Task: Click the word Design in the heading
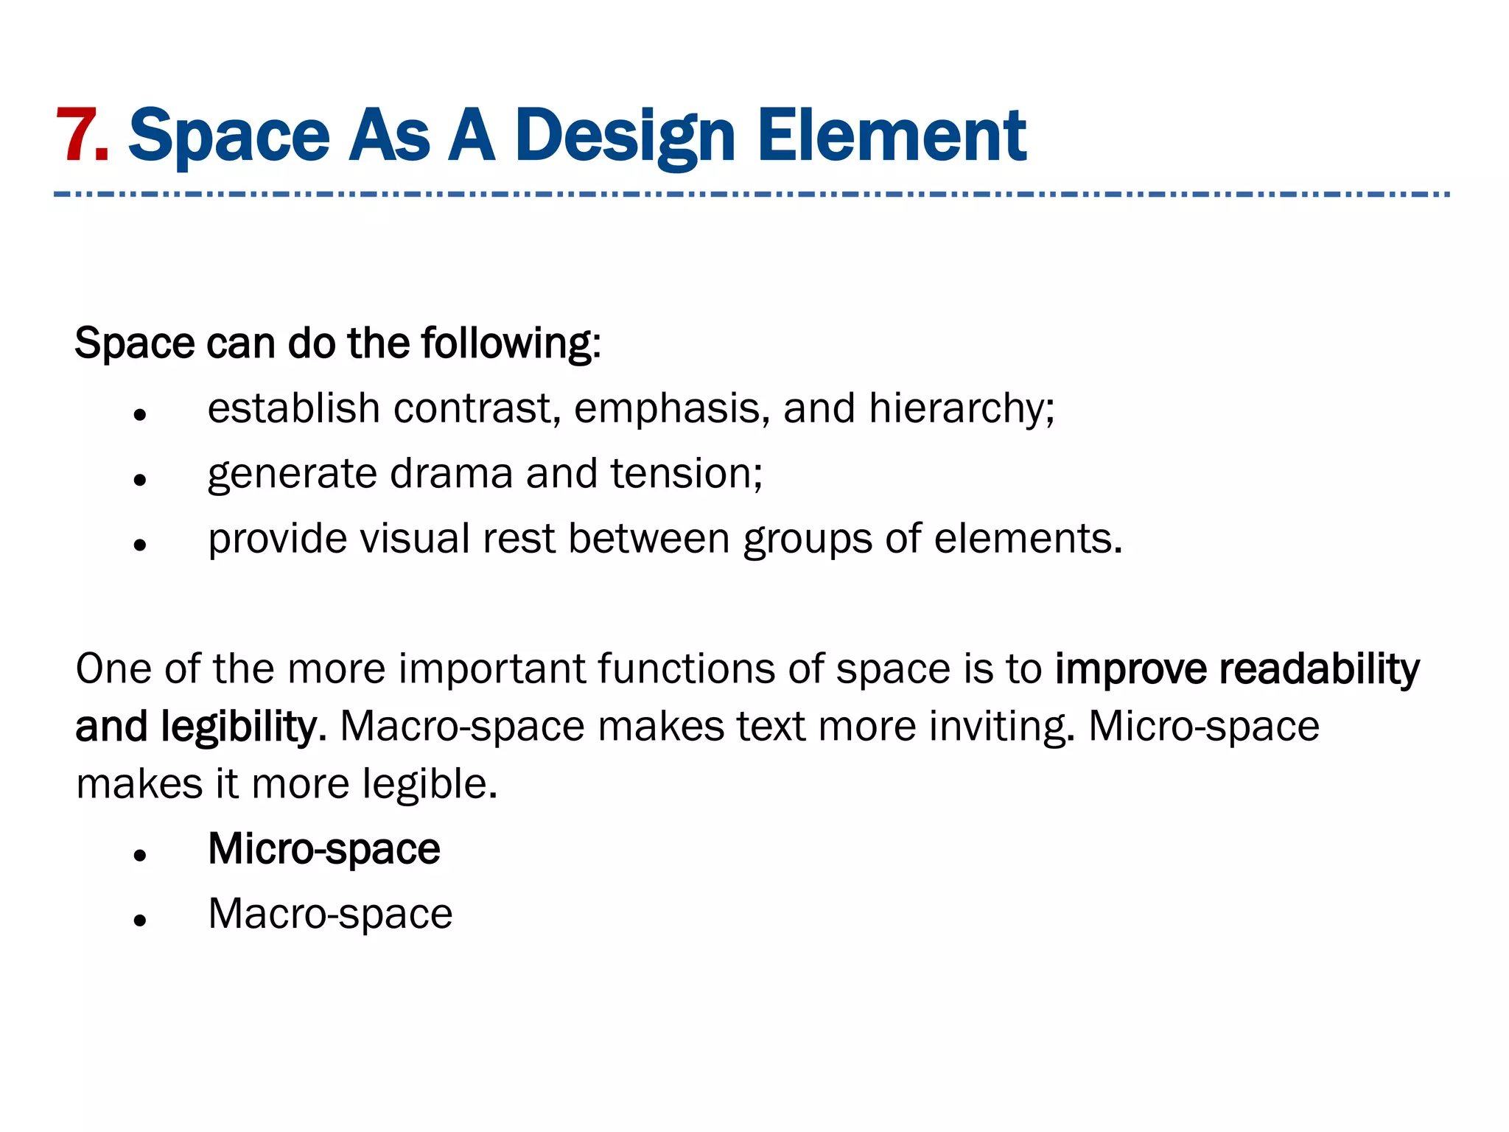coord(625,137)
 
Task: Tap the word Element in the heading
coord(892,136)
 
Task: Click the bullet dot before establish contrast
coord(140,415)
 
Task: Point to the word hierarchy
coord(961,409)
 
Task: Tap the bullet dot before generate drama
coord(140,481)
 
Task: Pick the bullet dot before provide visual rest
coord(140,545)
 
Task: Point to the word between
coord(648,539)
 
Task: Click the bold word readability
coord(1319,670)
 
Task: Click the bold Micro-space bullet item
coord(324,850)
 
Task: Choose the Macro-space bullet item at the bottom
coord(330,915)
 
